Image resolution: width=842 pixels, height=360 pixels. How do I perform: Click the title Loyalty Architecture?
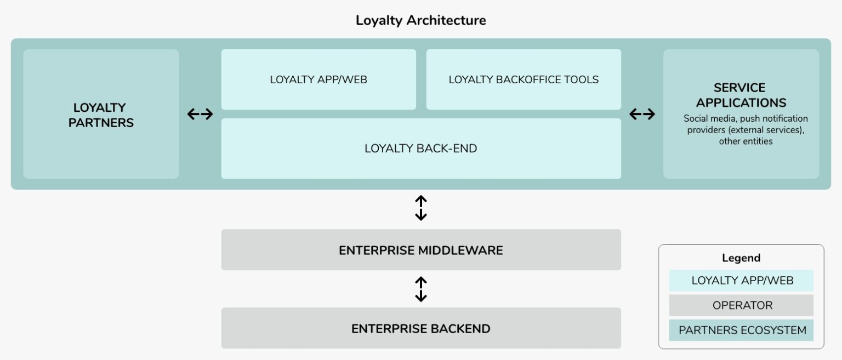(420, 21)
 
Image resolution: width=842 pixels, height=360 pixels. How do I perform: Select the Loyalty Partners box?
(101, 115)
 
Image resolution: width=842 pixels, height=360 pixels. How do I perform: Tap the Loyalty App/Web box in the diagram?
(318, 79)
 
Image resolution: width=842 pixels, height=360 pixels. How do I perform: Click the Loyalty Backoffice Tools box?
(524, 79)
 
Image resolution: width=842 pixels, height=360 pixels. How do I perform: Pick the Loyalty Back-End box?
(420, 148)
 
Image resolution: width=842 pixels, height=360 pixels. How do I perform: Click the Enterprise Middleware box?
(420, 250)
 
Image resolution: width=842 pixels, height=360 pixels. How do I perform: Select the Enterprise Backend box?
(420, 329)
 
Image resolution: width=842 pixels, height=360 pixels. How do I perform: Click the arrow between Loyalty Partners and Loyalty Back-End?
(200, 114)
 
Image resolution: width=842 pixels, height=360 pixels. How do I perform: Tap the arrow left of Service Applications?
(642, 114)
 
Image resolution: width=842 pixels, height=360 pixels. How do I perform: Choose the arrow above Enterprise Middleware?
(420, 208)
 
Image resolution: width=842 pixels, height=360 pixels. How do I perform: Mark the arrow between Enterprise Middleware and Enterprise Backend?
(420, 289)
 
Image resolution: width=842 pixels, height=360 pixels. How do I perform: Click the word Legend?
(741, 258)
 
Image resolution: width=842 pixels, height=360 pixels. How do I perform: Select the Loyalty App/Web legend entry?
(741, 281)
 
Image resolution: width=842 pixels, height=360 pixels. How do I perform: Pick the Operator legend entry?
(741, 305)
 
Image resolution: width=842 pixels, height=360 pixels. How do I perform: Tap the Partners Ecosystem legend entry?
(741, 330)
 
